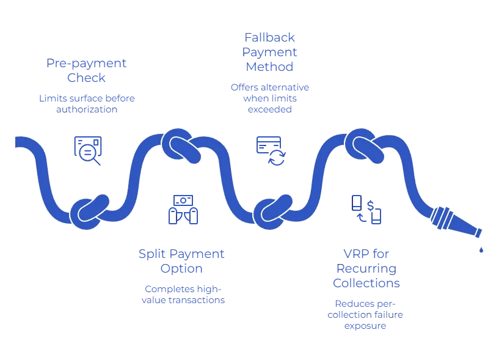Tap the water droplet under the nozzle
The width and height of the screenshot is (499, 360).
[481, 249]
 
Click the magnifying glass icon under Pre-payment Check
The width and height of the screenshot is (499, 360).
[88, 149]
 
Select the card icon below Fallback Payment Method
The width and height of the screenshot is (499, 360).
[271, 149]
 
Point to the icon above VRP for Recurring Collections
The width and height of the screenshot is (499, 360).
[366, 208]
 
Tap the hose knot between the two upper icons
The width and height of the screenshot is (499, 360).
[181, 145]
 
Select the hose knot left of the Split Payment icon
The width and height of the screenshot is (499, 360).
[90, 211]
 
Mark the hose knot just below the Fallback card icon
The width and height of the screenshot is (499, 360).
[272, 211]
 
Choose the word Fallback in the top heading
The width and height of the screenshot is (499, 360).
[261, 37]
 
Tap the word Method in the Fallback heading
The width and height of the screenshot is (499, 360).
[261, 67]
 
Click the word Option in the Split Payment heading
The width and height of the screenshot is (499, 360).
[180, 268]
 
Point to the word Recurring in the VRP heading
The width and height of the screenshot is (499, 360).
[366, 268]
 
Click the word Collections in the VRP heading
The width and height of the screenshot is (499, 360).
[366, 284]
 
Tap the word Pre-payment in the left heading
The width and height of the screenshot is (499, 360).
[86, 63]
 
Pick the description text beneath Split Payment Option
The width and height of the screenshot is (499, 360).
[183, 294]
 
